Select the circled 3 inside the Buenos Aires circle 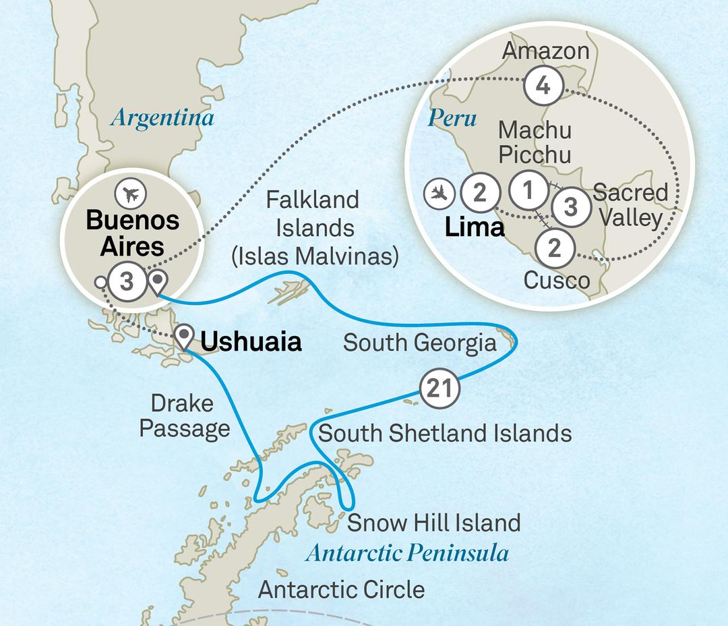click(x=128, y=280)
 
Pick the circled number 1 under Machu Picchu click(x=528, y=191)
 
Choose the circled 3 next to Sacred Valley click(x=570, y=206)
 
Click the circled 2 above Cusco click(x=554, y=249)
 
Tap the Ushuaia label click(x=251, y=342)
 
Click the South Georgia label click(x=419, y=343)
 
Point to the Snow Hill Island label click(x=433, y=522)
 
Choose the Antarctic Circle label click(x=342, y=590)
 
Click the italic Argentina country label click(x=162, y=118)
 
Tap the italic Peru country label click(x=452, y=119)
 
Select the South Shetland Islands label click(x=445, y=433)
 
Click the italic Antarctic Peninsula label click(x=406, y=553)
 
